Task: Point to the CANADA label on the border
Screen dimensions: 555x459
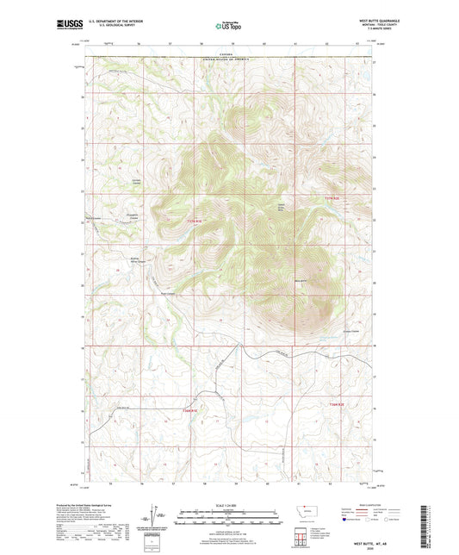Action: [x=226, y=53]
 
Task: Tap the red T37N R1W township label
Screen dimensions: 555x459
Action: [x=195, y=222]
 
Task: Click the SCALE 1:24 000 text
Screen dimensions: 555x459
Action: [x=229, y=505]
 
